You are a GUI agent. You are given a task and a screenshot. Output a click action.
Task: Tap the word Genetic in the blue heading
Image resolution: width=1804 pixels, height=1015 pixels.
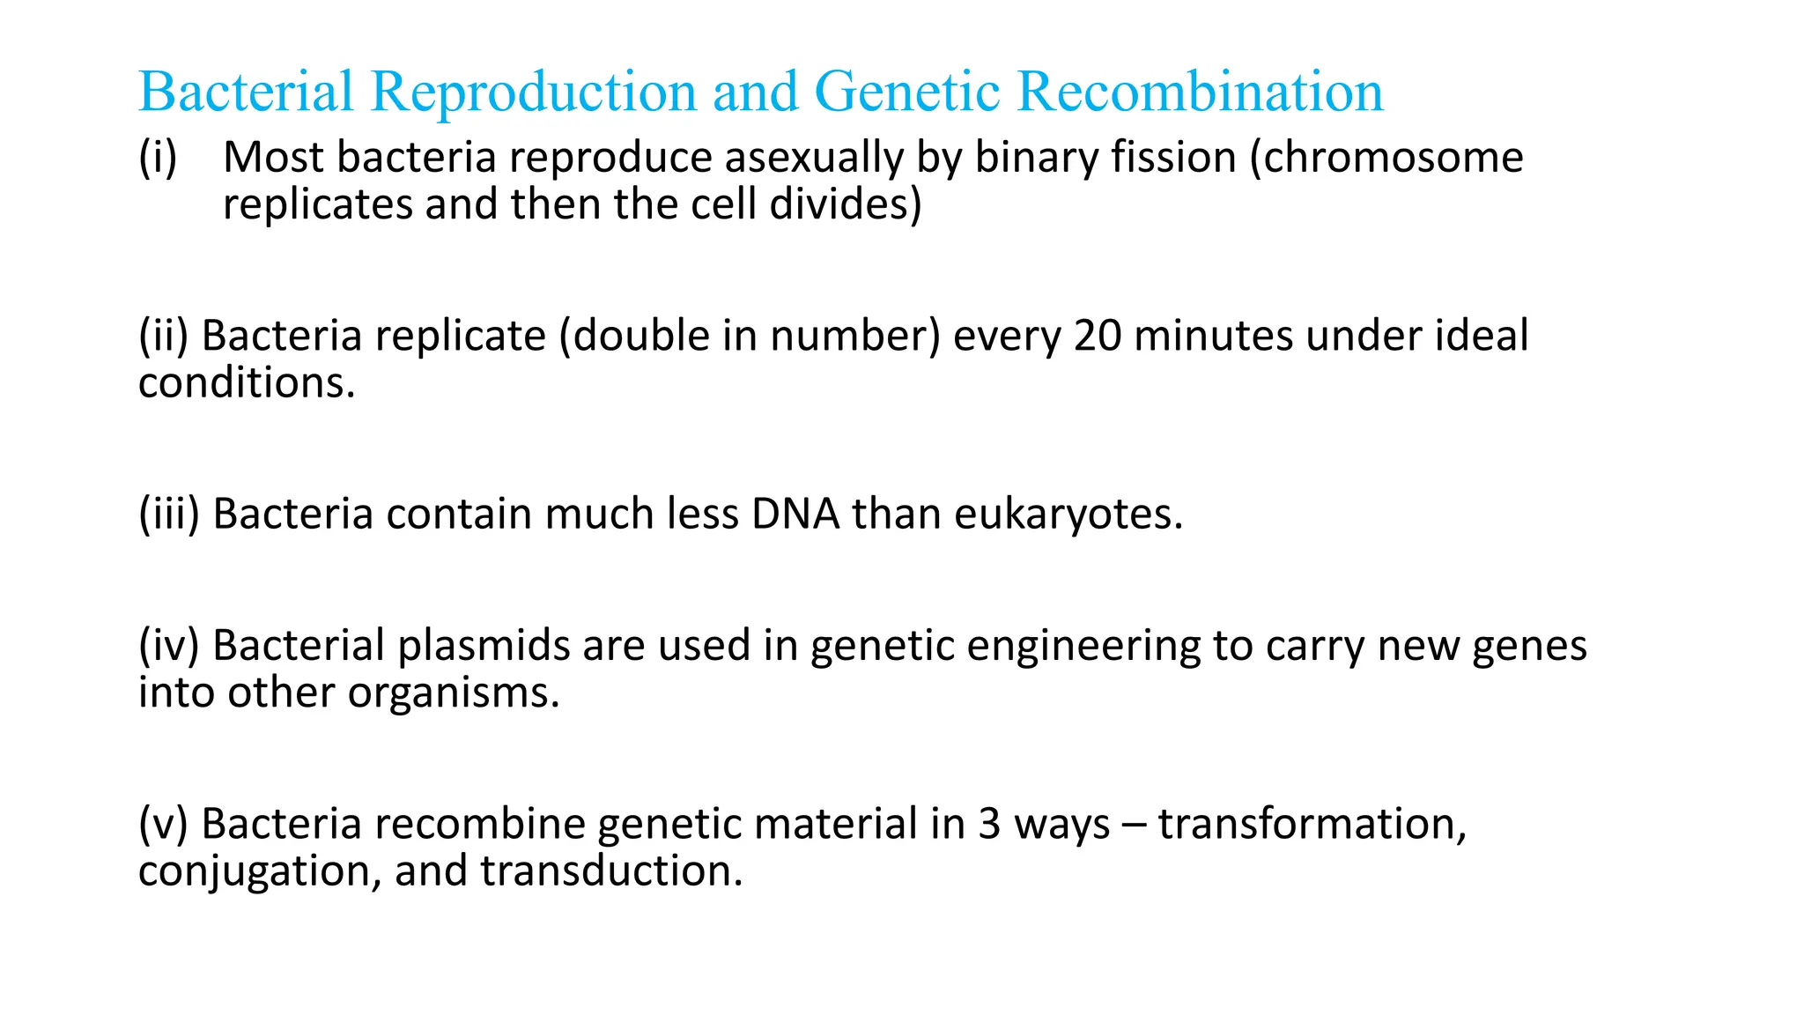[x=907, y=92]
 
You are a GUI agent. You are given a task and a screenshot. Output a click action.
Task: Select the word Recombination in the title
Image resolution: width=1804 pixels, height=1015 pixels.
[x=1200, y=92]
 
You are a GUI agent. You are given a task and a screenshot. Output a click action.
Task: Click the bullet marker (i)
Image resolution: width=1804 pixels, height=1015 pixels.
[x=158, y=158]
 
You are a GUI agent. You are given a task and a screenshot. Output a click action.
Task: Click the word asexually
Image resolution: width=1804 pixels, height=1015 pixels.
[x=814, y=158]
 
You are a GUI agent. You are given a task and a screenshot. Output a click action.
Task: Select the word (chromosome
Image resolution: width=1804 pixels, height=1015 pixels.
[x=1386, y=158]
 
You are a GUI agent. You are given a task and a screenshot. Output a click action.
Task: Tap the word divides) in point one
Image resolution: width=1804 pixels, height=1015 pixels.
[x=846, y=204]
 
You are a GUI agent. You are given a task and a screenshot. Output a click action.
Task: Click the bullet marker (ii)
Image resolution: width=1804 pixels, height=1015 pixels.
[x=164, y=337]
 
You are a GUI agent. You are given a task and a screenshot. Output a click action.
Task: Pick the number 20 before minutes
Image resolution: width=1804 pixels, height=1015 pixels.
[x=1098, y=337]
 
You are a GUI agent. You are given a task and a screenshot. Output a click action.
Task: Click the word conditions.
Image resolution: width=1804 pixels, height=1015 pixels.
[x=247, y=383]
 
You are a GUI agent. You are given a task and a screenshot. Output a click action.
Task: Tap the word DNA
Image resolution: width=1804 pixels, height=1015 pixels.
[x=795, y=515]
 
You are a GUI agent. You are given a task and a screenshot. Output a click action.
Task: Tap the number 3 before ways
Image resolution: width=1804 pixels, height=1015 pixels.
[x=989, y=825]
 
